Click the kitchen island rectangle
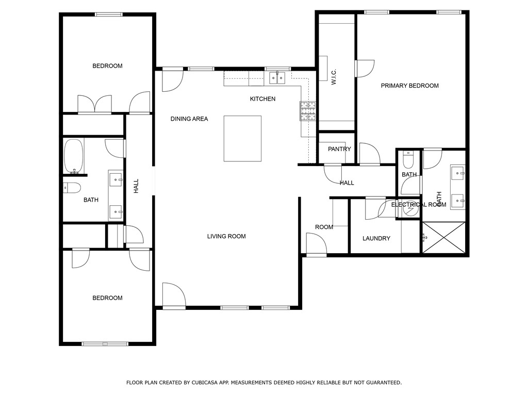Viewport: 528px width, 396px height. tap(242, 138)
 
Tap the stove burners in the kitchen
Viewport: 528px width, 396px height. tap(308, 111)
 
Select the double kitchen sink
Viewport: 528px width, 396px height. tap(277, 78)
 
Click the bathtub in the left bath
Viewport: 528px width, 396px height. tap(73, 156)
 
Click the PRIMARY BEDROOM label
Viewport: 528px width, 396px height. tap(409, 86)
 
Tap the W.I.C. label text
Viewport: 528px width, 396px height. tap(334, 77)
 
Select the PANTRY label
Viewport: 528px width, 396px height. tap(339, 149)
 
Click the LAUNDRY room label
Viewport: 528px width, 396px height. tap(376, 238)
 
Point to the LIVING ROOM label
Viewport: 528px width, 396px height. tap(226, 236)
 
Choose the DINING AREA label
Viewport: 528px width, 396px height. tap(189, 119)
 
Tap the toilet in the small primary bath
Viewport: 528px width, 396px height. tap(408, 160)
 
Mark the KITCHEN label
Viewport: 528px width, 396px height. tap(262, 98)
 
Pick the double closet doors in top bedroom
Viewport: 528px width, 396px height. tap(94, 104)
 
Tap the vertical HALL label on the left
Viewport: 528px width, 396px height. tap(137, 186)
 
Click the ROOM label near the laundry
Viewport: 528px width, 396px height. tap(324, 227)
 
